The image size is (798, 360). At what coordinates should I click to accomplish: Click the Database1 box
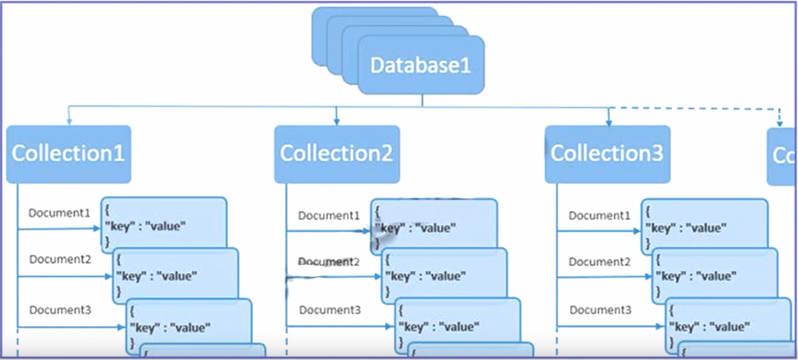tap(421, 65)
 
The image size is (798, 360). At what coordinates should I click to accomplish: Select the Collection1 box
tap(68, 154)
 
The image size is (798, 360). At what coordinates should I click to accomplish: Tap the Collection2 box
tap(337, 154)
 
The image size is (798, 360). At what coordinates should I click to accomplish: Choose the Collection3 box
tap(607, 154)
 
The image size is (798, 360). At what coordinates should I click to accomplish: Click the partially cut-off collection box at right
tap(782, 156)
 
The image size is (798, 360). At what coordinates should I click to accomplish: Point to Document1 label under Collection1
tap(60, 213)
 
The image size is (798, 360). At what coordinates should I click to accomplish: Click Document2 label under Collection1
tap(60, 259)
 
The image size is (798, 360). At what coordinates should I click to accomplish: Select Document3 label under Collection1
tap(60, 310)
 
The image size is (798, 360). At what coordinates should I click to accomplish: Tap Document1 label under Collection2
tap(330, 216)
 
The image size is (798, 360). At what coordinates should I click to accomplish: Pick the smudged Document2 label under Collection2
tap(330, 263)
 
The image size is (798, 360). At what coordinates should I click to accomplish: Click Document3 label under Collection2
tap(330, 310)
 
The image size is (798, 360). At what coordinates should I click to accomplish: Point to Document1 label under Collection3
tap(599, 216)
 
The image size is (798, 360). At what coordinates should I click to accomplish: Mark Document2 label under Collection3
tap(599, 263)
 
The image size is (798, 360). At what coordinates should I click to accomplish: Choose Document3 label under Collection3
tap(599, 310)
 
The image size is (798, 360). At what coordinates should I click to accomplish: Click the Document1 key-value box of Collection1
tap(164, 221)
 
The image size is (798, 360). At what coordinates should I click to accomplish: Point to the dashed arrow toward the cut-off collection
tap(778, 117)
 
